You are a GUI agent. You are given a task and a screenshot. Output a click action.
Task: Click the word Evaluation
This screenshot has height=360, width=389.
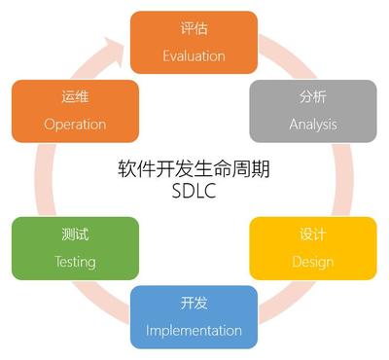tap(194, 54)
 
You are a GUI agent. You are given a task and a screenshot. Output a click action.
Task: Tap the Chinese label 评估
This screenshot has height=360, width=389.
tap(194, 28)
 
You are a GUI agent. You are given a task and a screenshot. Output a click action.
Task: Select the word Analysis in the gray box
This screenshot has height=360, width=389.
tap(312, 124)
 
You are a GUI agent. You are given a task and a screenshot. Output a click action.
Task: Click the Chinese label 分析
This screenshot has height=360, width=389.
tap(312, 97)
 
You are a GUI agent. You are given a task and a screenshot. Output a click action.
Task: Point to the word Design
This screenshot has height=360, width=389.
tap(312, 262)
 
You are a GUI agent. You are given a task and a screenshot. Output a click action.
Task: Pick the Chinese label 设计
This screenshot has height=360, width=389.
tap(312, 235)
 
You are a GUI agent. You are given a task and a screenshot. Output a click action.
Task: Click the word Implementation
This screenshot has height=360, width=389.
tap(194, 330)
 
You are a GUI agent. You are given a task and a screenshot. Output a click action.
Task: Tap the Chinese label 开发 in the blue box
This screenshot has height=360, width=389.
tap(194, 304)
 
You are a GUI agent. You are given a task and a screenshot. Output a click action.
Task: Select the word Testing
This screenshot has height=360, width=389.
tap(75, 262)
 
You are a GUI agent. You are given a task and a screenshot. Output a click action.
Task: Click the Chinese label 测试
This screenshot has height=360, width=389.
tap(75, 235)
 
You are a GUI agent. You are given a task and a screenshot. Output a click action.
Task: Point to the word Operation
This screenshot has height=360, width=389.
tap(75, 124)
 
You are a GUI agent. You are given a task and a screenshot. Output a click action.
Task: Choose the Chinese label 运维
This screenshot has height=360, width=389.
tap(75, 97)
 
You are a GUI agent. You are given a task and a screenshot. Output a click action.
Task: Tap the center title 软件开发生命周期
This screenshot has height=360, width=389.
tap(194, 167)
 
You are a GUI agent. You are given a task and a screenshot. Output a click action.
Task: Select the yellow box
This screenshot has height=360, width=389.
tap(312, 248)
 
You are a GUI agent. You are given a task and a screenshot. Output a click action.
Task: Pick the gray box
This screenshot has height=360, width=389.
tap(312, 111)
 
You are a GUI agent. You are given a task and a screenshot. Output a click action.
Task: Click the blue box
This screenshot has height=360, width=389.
tap(194, 317)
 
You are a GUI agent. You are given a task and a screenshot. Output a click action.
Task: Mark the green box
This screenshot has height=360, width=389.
tap(75, 248)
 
